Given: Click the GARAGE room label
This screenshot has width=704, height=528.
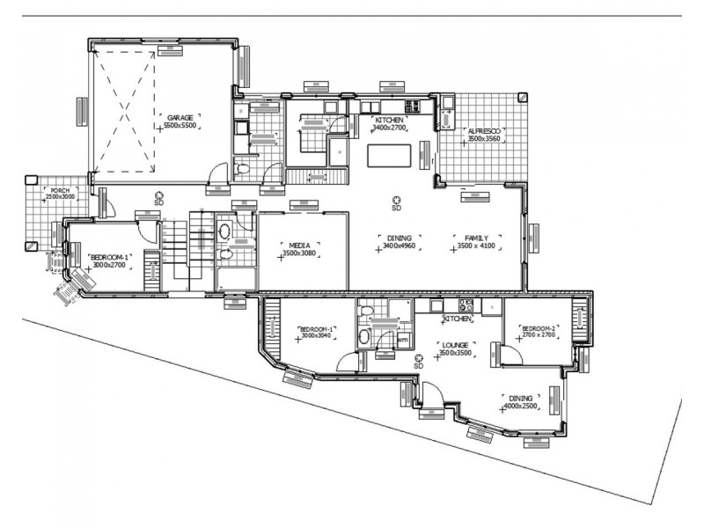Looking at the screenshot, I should [180, 117].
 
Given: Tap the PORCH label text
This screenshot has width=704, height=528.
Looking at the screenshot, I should [60, 190].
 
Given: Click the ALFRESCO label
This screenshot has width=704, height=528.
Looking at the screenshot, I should [484, 129].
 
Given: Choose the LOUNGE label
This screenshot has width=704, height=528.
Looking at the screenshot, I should [457, 344].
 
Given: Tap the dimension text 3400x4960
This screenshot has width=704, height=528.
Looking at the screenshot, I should [400, 247].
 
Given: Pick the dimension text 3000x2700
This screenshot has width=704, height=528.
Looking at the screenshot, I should [109, 264].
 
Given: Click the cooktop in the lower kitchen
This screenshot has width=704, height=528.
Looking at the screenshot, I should [466, 306].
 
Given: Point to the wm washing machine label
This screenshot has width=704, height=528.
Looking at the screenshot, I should [403, 339].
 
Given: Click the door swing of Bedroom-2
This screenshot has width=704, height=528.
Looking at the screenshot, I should [510, 352].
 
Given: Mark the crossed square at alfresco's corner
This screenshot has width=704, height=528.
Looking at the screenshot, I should [523, 97].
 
